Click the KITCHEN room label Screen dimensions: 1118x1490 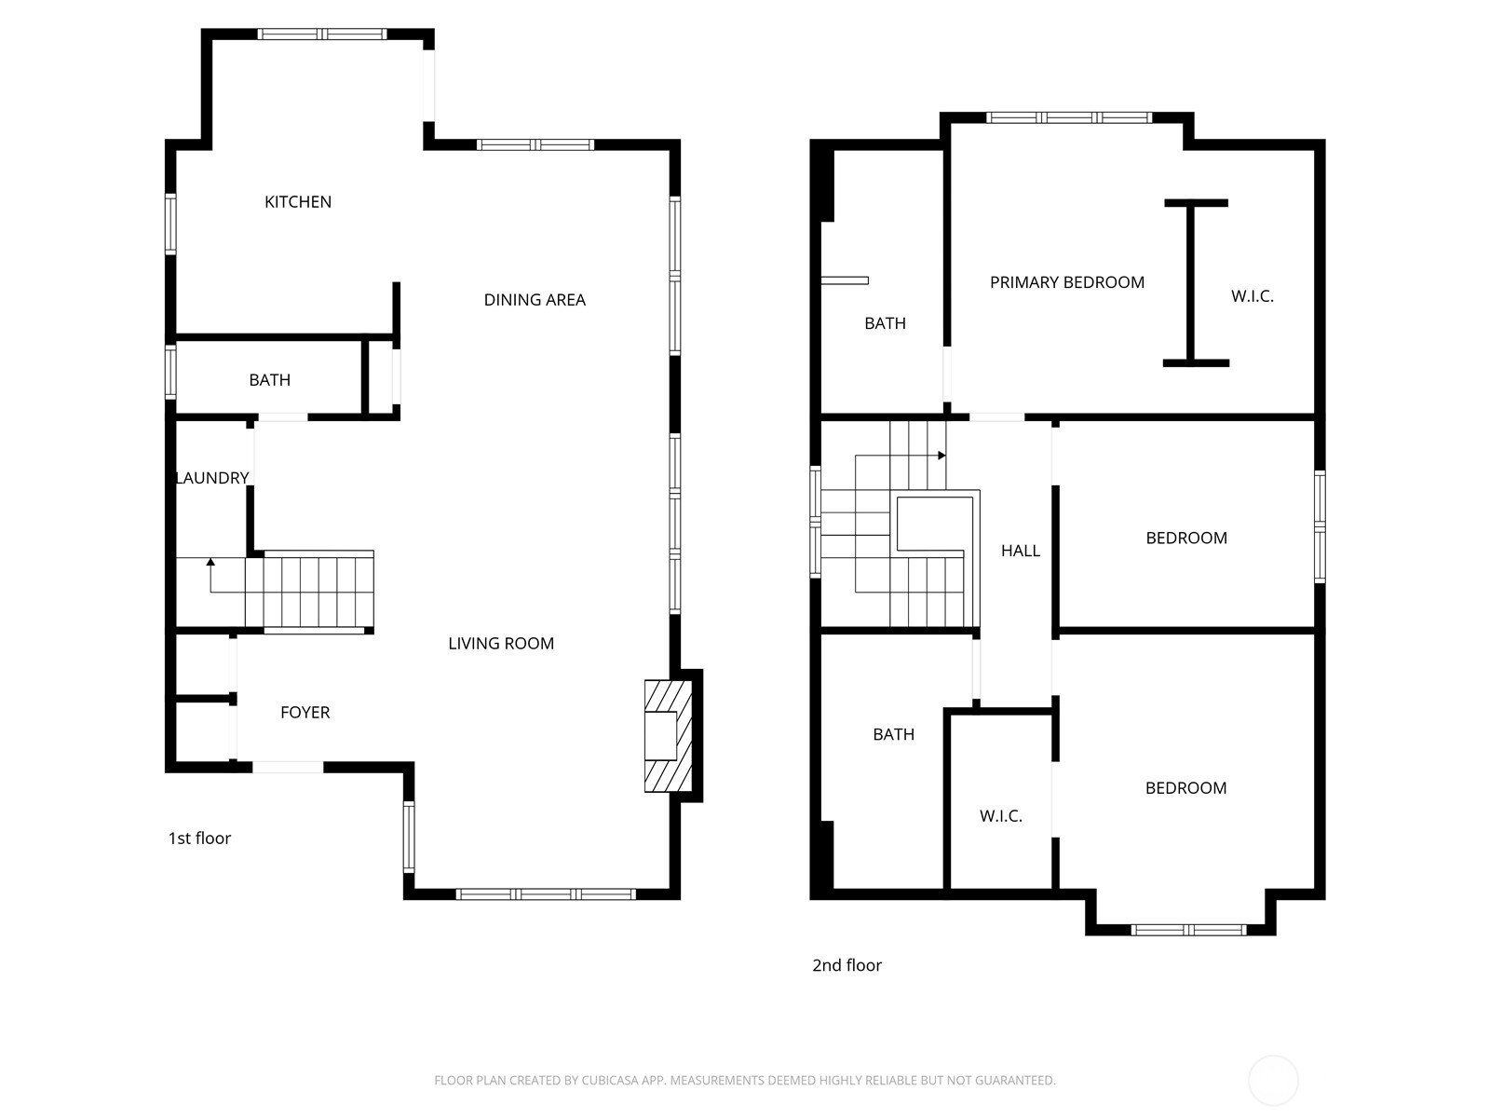[x=297, y=201]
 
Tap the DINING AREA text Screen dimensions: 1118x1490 [x=535, y=299]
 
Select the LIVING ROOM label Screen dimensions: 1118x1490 [x=501, y=643]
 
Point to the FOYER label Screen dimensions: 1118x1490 [x=305, y=712]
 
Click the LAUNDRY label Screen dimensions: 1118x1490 [x=213, y=478]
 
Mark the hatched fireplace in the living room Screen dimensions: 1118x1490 [x=669, y=736]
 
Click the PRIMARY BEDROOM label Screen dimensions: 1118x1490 [x=1066, y=282]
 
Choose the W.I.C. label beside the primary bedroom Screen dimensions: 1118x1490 [x=1252, y=296]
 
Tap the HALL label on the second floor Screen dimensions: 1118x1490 [x=1020, y=551]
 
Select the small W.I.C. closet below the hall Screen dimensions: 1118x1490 [x=1000, y=815]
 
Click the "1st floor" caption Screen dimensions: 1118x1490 [x=199, y=838]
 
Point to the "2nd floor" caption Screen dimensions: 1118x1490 [x=847, y=965]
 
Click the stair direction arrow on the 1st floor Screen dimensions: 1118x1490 [x=210, y=562]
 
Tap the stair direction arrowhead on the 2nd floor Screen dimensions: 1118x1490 [x=941, y=456]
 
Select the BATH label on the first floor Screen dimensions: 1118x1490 [x=269, y=380]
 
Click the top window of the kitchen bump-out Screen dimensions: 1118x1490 [x=321, y=34]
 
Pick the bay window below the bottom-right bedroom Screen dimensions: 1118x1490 [x=1187, y=929]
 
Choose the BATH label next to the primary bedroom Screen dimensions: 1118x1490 [x=884, y=323]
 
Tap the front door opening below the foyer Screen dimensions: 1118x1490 [x=288, y=767]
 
